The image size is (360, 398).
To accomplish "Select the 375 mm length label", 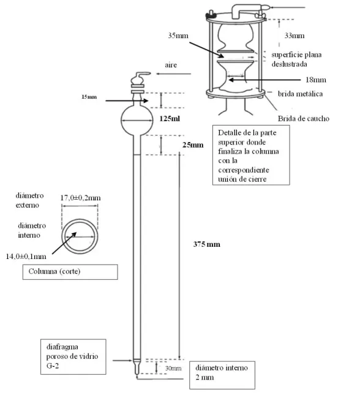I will click(206, 244).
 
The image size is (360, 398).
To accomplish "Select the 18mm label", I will click(317, 79).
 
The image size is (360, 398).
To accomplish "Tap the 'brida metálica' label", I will click(296, 93).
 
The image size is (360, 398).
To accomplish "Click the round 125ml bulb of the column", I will click(139, 117).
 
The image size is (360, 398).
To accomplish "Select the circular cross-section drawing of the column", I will click(78, 233).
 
